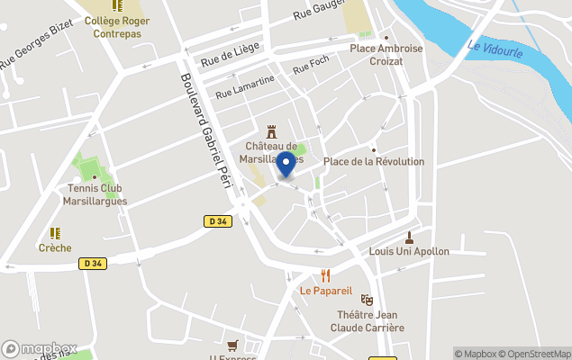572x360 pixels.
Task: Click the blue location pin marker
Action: click(x=286, y=165)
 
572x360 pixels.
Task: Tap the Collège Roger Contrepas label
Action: click(x=117, y=27)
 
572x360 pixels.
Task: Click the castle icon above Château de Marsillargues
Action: click(x=271, y=131)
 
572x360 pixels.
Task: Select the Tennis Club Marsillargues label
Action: click(x=95, y=194)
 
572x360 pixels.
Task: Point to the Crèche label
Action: click(x=54, y=247)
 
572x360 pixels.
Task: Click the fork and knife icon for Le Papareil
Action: click(x=326, y=275)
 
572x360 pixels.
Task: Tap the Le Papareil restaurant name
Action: click(x=326, y=291)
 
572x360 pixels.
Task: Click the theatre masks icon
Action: click(x=367, y=299)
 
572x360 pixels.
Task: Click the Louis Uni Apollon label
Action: click(x=409, y=251)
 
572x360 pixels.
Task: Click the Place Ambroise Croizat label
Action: click(x=386, y=54)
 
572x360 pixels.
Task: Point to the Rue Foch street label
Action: click(x=311, y=66)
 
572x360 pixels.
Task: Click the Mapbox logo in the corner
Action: click(x=40, y=348)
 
